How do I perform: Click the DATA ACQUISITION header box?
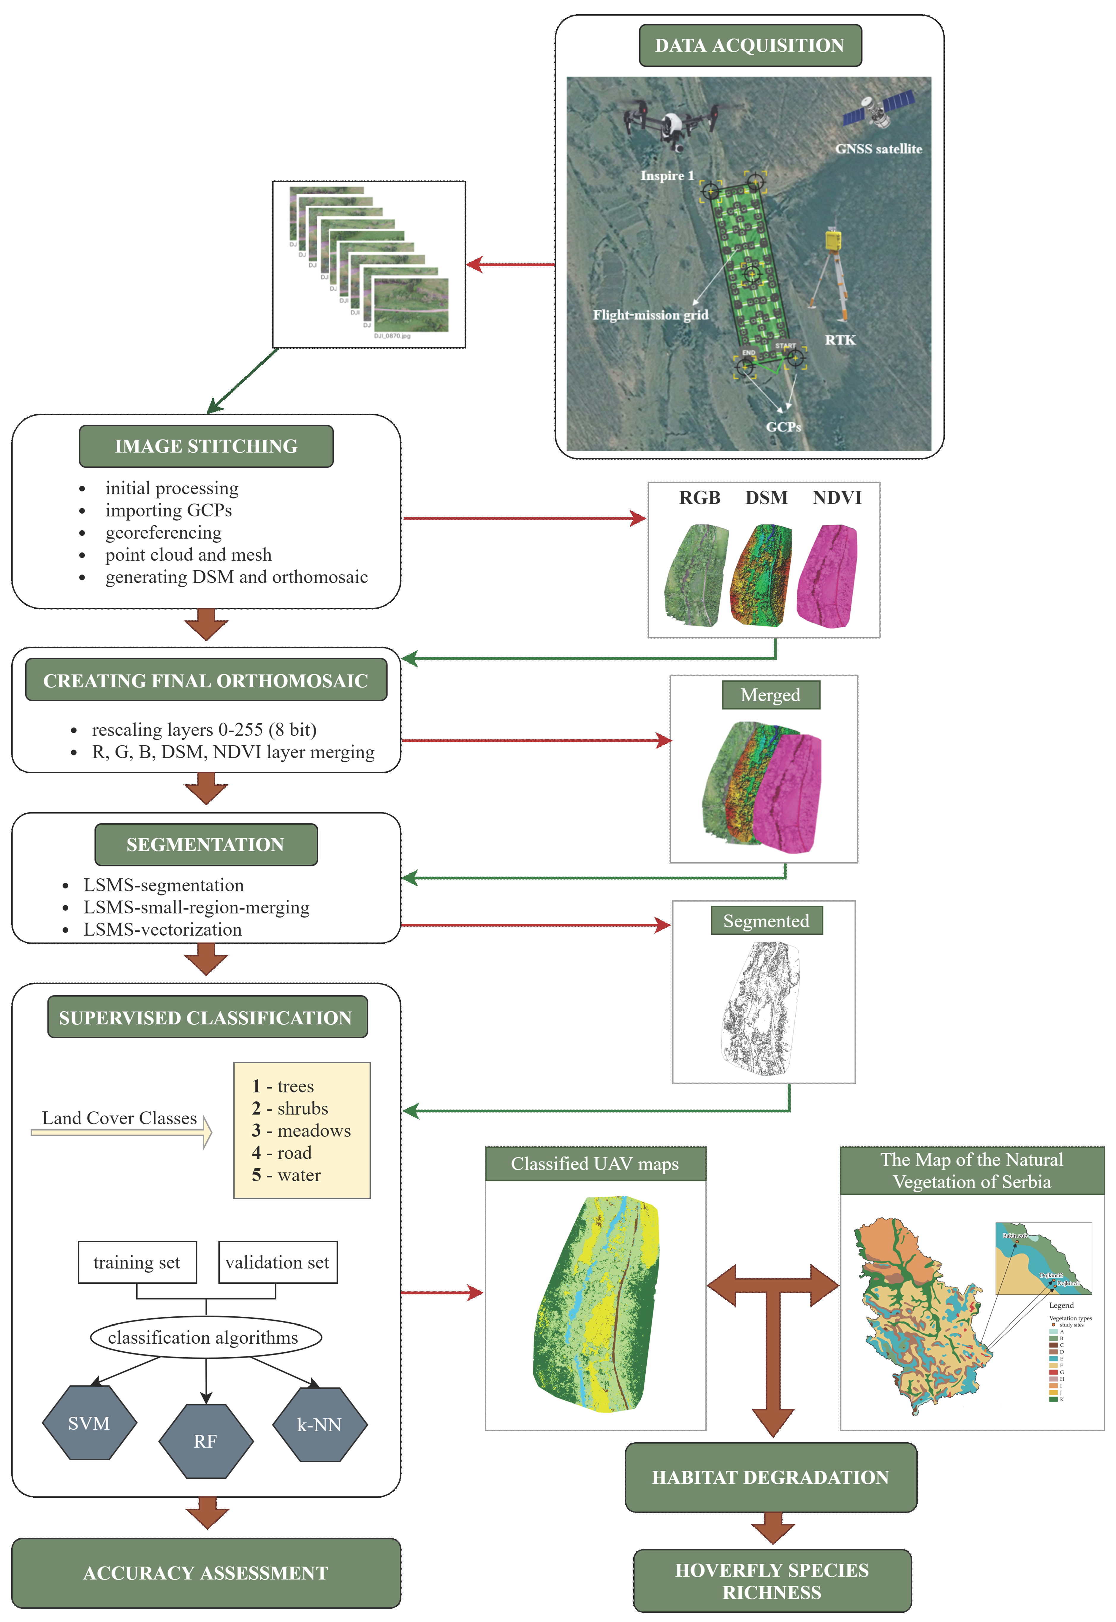(x=750, y=45)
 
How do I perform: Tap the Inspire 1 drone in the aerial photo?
(x=671, y=124)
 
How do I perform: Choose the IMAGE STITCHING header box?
(x=206, y=446)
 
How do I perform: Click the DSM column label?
(x=766, y=498)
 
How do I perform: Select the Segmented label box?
(x=766, y=921)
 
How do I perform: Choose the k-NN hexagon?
(x=319, y=1424)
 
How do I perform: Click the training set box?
(x=137, y=1262)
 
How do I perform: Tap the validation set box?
(x=278, y=1262)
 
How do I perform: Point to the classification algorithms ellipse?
(x=205, y=1337)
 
